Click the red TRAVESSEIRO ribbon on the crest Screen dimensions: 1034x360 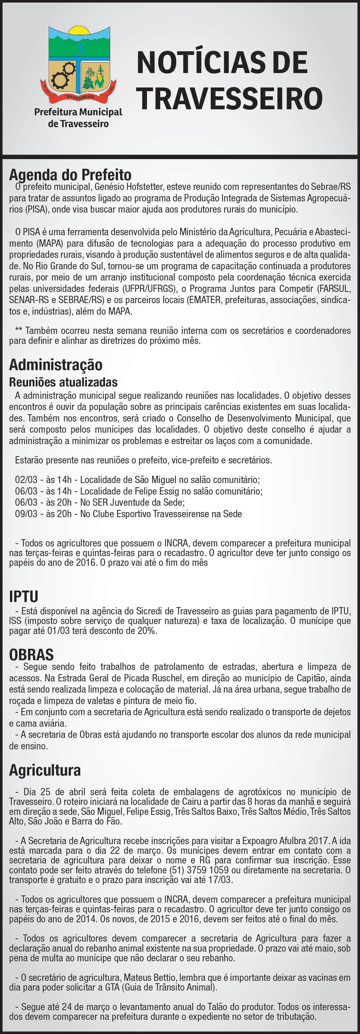[79, 97]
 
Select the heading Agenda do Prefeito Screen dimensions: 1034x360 [70, 175]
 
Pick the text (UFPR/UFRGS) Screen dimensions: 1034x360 [155, 289]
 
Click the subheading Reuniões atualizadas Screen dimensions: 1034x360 [63, 382]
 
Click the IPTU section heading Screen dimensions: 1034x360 [24, 597]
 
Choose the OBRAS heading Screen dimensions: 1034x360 [31, 655]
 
